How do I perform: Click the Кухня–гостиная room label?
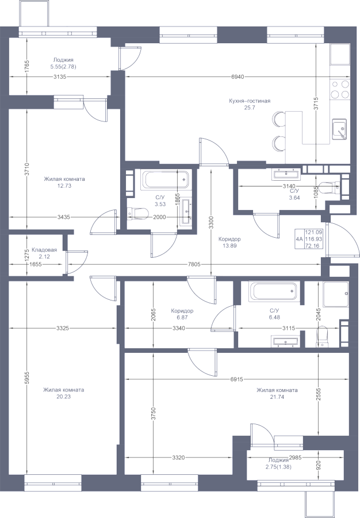tap(250, 101)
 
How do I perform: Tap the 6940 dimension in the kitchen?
tap(238, 77)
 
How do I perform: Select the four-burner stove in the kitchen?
tap(340, 89)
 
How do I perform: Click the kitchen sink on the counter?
tap(339, 129)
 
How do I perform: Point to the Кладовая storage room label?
tap(44, 250)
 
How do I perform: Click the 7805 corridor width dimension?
tap(194, 265)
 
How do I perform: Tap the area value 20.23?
tap(63, 397)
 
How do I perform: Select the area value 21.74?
tap(277, 397)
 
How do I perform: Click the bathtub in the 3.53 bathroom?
tap(165, 180)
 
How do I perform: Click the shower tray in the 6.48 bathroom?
tap(336, 294)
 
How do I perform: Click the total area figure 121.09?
tap(313, 233)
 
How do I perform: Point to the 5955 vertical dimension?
tap(27, 378)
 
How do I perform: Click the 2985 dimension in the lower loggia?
tap(296, 458)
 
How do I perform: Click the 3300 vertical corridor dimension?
tap(211, 222)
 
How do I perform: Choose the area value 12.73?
tap(64, 186)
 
